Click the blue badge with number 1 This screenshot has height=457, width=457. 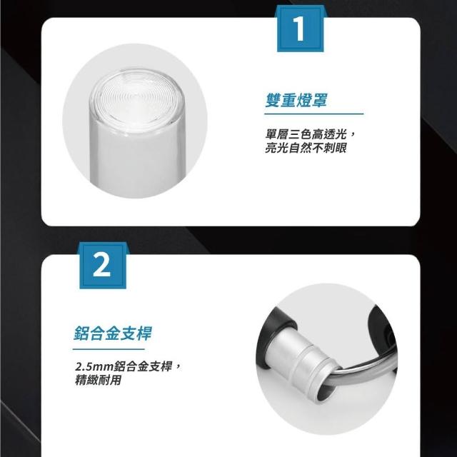tap(300, 29)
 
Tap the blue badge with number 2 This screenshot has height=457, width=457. tap(103, 266)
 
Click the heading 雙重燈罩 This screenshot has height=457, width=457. tap(296, 100)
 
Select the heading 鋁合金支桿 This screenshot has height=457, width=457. tap(113, 333)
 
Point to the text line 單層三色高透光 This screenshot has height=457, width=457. tap(306, 135)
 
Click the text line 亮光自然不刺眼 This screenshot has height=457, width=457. tap(306, 148)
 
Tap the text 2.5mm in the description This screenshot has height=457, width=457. tap(94, 366)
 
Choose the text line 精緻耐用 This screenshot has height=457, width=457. tap(98, 380)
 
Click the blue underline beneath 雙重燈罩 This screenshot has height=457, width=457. tap(314, 114)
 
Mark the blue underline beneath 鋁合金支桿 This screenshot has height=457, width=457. tap(109, 349)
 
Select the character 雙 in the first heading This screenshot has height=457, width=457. tap(273, 100)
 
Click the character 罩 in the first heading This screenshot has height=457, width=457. tap(320, 100)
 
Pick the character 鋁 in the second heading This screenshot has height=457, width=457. tap(81, 333)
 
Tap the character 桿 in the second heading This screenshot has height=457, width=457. tap(144, 333)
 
